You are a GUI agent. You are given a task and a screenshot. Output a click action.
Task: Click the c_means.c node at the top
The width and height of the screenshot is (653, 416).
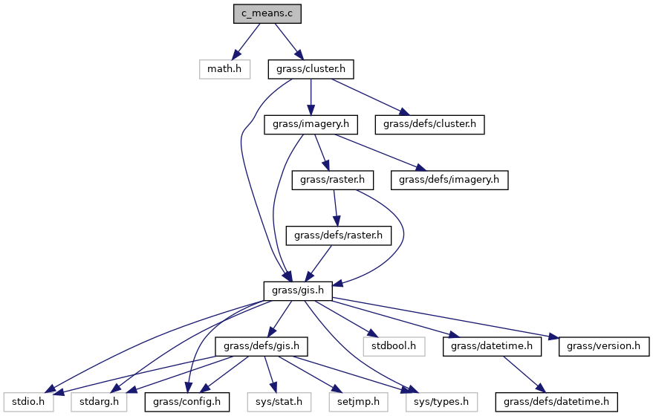click(x=267, y=13)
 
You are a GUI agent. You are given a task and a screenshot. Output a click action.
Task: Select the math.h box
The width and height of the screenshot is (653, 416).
click(x=224, y=69)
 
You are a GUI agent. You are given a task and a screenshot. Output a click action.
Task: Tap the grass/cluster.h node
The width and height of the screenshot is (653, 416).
click(x=311, y=69)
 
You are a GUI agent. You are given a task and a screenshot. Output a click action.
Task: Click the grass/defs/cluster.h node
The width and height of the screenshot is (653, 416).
click(x=430, y=124)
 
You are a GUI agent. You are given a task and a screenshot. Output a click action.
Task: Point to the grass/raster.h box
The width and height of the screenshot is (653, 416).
click(x=333, y=180)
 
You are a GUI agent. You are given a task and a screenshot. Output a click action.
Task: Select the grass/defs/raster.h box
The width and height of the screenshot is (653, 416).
click(x=339, y=235)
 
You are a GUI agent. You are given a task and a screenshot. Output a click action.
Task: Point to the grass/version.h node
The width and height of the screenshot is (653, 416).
click(x=603, y=346)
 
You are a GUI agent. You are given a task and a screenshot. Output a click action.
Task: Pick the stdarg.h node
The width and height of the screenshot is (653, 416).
click(x=99, y=402)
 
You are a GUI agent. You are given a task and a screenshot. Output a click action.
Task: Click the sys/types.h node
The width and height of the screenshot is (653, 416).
click(x=438, y=402)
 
